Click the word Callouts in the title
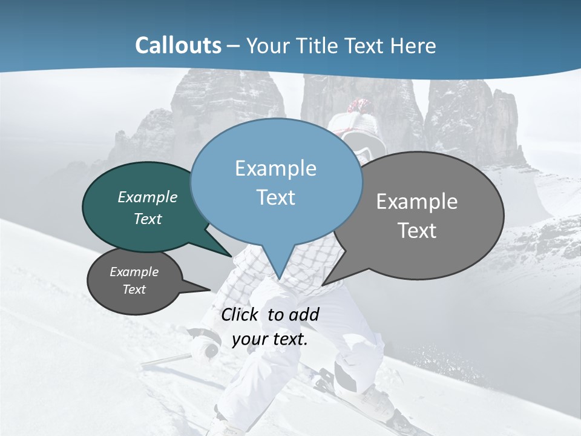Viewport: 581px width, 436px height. [179, 45]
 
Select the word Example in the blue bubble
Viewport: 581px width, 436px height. [275, 168]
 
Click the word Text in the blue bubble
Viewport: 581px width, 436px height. [275, 197]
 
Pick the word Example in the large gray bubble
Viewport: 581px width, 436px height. [417, 202]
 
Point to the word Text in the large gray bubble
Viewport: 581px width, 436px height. [417, 231]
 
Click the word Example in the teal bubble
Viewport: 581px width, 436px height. [148, 197]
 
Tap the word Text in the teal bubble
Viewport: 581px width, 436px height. [148, 219]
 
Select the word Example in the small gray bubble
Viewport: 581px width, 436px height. [134, 272]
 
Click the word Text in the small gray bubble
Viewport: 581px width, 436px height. [134, 289]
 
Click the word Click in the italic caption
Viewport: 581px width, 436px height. [240, 314]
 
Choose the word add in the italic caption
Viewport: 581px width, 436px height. [304, 314]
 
